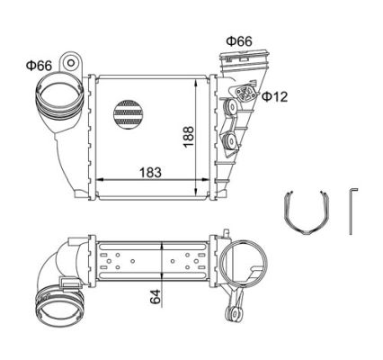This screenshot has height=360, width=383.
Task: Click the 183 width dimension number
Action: pyautogui.click(x=150, y=172)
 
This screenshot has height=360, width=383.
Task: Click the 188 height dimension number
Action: pyautogui.click(x=189, y=137)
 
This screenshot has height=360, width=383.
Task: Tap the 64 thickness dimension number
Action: pyautogui.click(x=156, y=297)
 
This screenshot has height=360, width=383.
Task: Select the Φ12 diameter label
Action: pyautogui.click(x=274, y=96)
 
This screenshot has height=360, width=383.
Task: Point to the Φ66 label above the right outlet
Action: pyautogui.click(x=239, y=41)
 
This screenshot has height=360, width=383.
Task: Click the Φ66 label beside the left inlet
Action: pyautogui.click(x=39, y=65)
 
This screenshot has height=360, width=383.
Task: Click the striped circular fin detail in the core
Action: pyautogui.click(x=129, y=113)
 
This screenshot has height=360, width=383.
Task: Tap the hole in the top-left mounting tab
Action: pyautogui.click(x=71, y=63)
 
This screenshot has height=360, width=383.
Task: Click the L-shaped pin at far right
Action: pyautogui.click(x=352, y=211)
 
